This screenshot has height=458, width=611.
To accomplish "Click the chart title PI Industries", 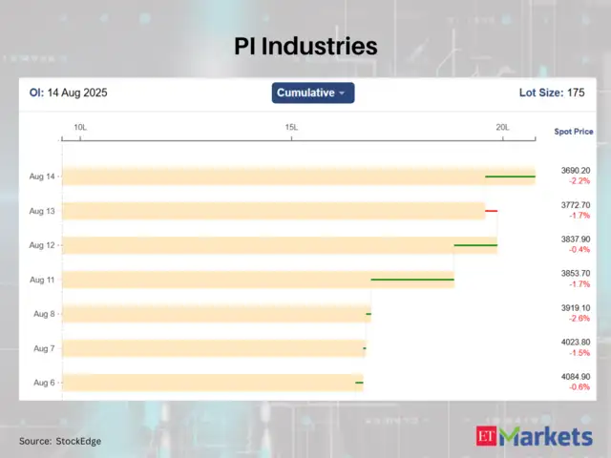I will [x=305, y=47].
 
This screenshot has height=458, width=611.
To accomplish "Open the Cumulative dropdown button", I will [x=313, y=93].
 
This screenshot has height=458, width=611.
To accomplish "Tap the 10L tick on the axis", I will [x=80, y=127].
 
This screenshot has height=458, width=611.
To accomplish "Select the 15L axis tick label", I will [x=291, y=127].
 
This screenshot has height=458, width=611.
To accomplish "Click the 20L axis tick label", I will [x=502, y=127].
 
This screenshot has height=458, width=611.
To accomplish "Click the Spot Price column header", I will [x=573, y=131].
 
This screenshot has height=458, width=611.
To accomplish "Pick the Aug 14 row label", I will [x=42, y=177].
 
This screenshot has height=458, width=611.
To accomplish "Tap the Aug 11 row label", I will [x=42, y=280].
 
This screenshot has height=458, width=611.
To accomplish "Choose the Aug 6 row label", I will [x=44, y=383].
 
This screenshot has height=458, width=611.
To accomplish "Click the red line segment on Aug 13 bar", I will [x=491, y=211].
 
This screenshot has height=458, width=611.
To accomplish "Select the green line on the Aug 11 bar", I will [x=412, y=280].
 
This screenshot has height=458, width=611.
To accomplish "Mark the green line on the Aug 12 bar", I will [x=475, y=245].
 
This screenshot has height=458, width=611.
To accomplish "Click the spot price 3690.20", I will [x=576, y=171].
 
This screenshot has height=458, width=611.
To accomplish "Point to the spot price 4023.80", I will [x=576, y=343].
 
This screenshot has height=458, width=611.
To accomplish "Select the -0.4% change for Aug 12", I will [x=579, y=250].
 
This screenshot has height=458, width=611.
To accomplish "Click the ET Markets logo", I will [x=534, y=437].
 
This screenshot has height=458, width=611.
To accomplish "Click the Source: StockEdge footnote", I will [x=60, y=441].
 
